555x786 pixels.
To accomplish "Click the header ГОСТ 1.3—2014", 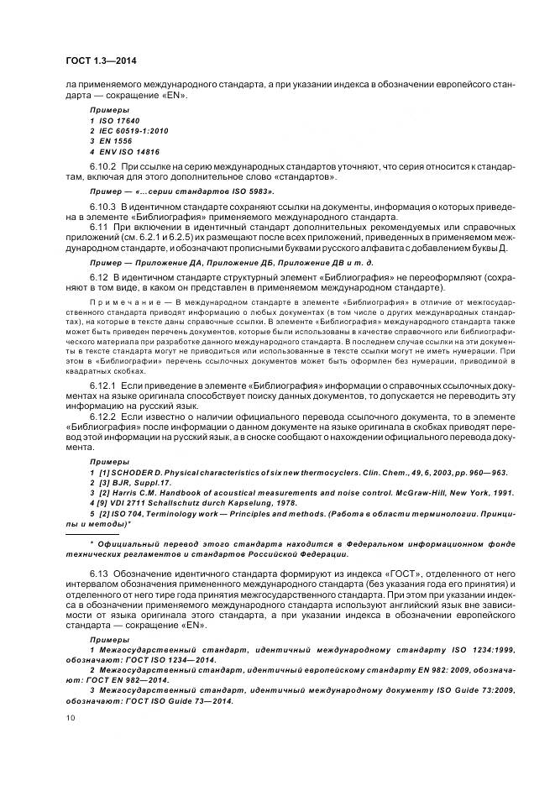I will (x=102, y=60).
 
